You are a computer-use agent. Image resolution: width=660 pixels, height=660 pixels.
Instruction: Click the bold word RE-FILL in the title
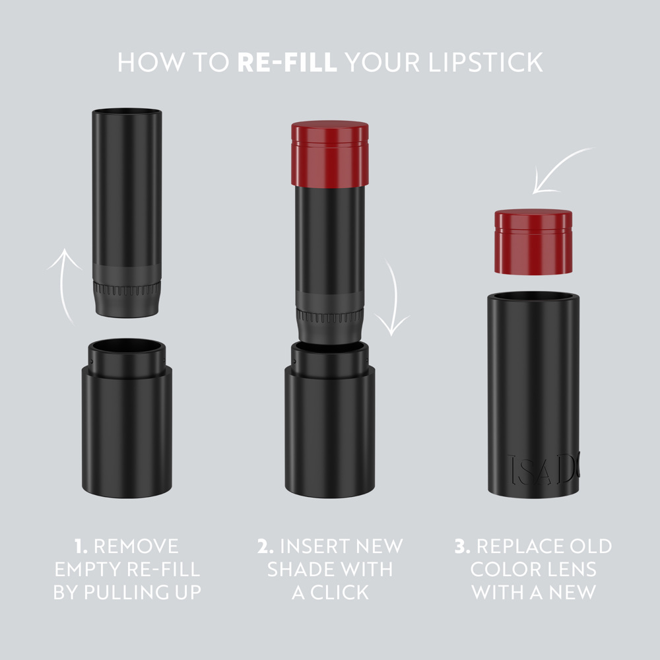click(x=287, y=62)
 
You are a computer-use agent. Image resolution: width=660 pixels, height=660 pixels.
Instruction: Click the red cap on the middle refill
click(x=329, y=153)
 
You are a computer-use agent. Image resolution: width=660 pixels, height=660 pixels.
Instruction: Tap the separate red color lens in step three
click(x=533, y=242)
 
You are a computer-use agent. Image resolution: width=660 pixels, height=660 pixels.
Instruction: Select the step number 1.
click(x=81, y=546)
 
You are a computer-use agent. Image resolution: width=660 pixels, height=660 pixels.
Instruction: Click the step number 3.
click(x=462, y=546)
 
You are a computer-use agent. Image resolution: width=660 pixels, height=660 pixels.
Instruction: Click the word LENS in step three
click(x=567, y=569)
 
